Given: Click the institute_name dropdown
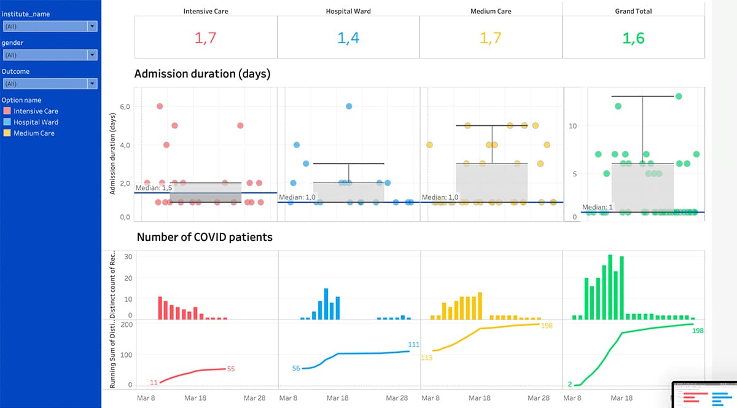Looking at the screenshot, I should (50, 26).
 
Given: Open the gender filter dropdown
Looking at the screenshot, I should (50, 55).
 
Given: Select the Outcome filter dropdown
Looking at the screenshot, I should (50, 84).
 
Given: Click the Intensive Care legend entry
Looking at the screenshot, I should (31, 111).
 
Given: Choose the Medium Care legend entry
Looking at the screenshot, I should (31, 133).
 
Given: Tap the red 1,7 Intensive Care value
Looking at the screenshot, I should (206, 38).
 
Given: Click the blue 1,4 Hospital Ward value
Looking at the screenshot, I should (348, 38).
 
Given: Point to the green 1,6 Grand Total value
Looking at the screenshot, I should (633, 38).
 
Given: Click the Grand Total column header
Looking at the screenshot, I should (633, 11).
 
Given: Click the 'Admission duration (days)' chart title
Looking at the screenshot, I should (202, 74).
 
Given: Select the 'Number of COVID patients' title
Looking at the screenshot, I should (205, 237).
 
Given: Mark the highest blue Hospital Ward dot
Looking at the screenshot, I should (349, 106).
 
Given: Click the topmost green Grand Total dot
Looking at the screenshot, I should (679, 96).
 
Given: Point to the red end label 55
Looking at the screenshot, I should (231, 369).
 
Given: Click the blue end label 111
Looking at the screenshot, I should (413, 345).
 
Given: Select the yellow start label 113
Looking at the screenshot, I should (426, 357).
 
